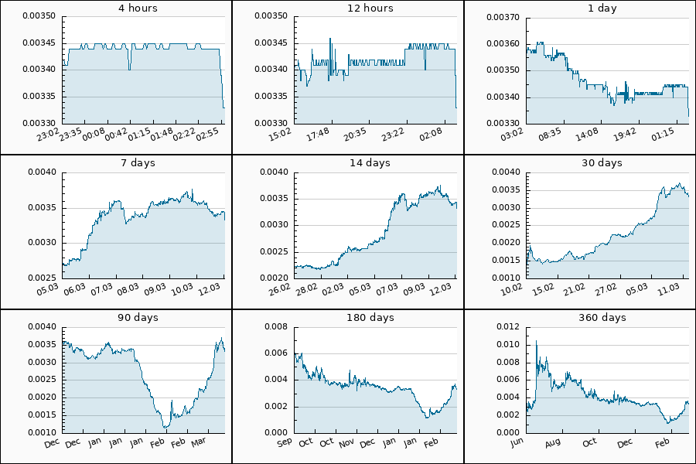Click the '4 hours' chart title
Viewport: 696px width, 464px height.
[x=116, y=9]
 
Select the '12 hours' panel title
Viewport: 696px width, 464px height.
[x=348, y=9]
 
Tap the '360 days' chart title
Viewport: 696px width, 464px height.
[x=580, y=318]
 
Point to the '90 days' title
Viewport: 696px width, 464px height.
[x=116, y=318]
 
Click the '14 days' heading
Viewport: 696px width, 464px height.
[x=348, y=163]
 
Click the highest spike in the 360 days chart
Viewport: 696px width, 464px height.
[x=536, y=341]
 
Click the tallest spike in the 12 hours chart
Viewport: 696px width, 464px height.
[x=330, y=38]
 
